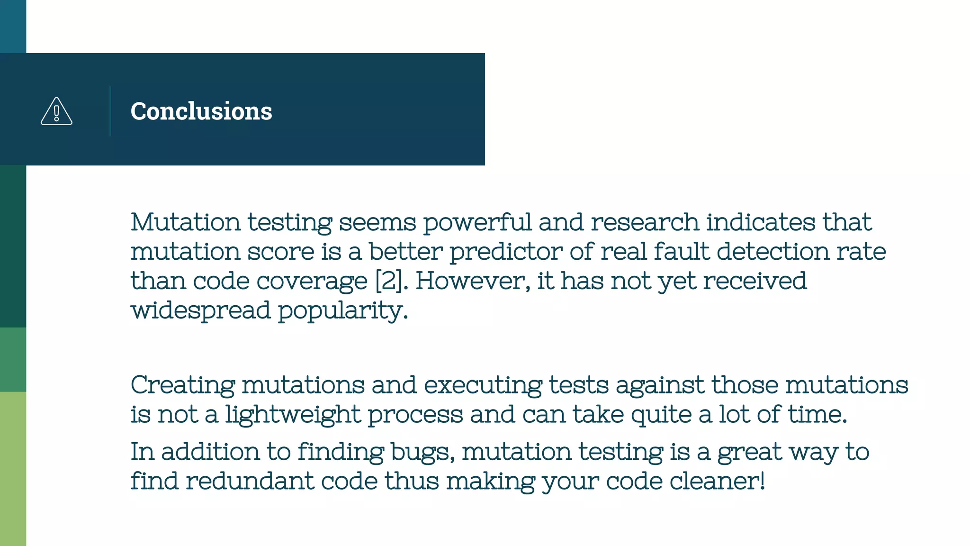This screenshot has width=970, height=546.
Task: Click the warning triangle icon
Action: pos(56,111)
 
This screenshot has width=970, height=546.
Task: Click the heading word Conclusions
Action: pos(201,111)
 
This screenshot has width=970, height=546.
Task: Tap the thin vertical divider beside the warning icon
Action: pos(110,111)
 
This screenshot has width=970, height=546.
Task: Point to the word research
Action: pos(645,222)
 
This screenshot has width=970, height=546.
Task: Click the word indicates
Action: pos(761,222)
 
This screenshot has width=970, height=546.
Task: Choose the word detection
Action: pos(773,251)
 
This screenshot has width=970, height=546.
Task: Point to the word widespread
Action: pos(200,311)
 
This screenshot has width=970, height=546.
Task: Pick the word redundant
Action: pos(250,481)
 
